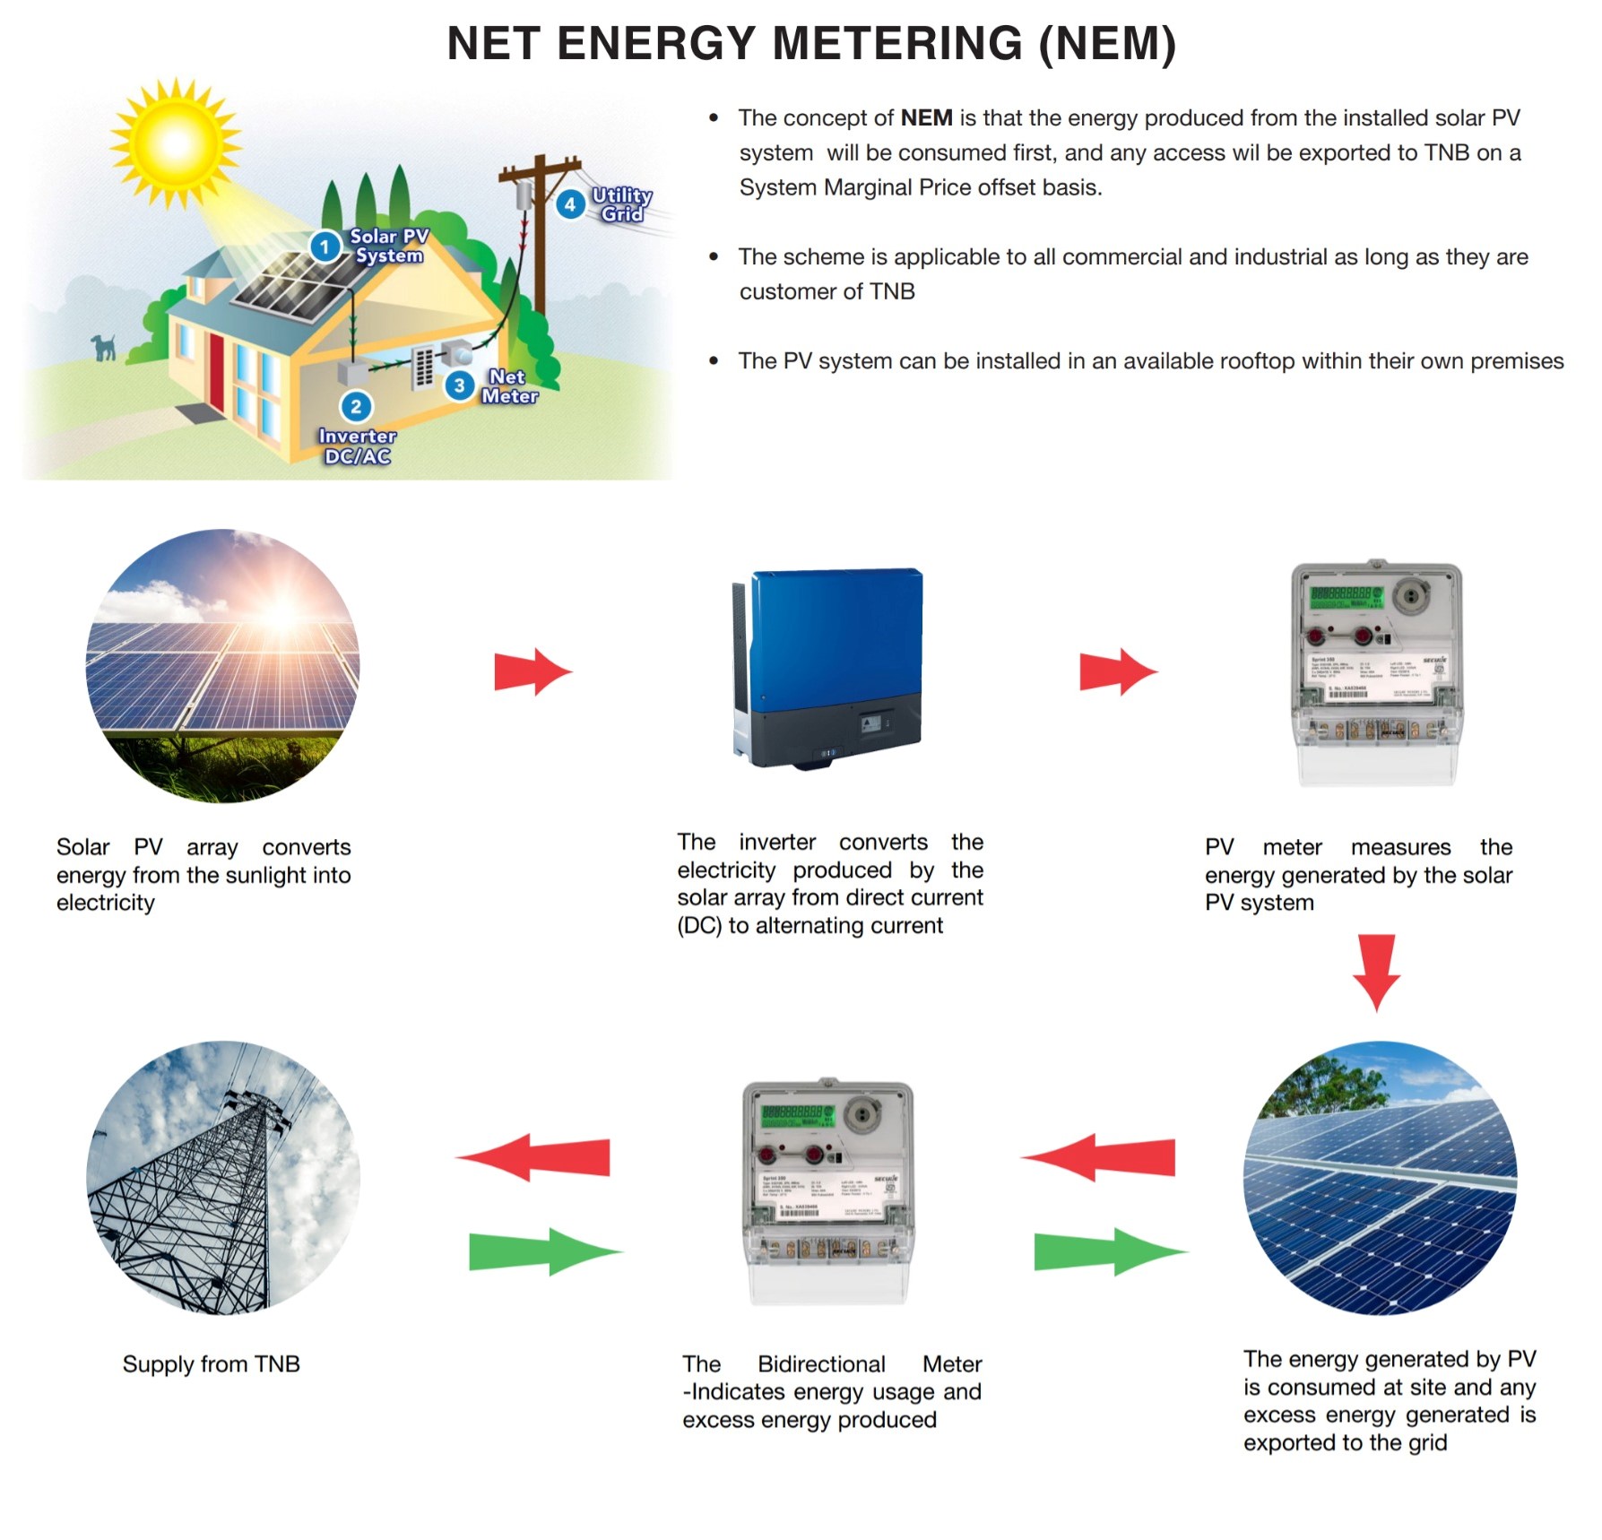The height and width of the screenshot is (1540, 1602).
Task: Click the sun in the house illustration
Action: [176, 143]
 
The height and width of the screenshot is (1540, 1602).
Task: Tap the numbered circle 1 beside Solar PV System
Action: [325, 247]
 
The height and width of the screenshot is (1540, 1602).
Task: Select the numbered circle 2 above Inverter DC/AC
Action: [356, 407]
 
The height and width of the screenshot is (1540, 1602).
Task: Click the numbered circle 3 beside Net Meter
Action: [459, 385]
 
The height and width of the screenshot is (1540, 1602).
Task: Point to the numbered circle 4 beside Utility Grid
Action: [569, 204]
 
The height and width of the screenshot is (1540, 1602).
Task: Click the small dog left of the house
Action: [104, 347]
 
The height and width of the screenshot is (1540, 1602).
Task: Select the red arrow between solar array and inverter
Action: [533, 671]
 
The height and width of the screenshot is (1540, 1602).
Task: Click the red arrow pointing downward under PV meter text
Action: [1377, 972]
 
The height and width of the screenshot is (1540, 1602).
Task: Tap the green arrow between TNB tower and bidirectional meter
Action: [543, 1251]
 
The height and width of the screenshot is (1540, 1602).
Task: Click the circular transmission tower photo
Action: [223, 1178]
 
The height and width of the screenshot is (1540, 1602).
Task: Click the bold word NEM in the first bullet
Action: [926, 118]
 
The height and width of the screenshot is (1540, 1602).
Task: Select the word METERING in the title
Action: [897, 44]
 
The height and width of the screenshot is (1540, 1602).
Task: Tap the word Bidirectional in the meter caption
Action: [821, 1363]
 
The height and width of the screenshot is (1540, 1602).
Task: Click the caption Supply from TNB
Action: [212, 1363]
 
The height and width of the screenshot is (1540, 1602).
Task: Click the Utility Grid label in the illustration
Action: [621, 204]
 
